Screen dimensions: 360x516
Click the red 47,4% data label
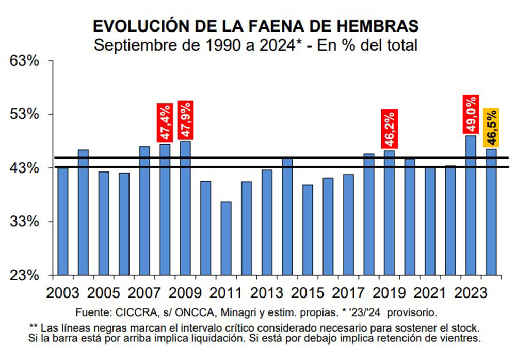pyautogui.click(x=165, y=122)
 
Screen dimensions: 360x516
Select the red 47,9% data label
pyautogui.click(x=185, y=120)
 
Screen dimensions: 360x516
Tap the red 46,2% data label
pyautogui.click(x=389, y=130)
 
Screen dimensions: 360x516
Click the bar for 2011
pyautogui.click(x=226, y=238)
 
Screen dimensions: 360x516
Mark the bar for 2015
pyautogui.click(x=308, y=229)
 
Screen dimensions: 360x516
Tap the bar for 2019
pyautogui.click(x=389, y=212)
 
